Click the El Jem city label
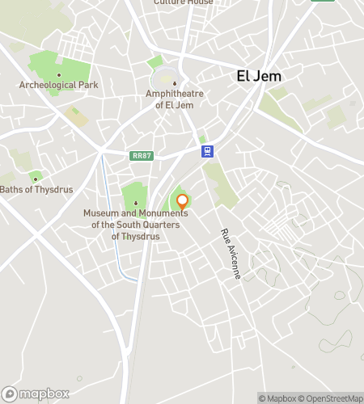tap(258, 76)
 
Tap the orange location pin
tap(182, 202)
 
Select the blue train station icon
tap(208, 150)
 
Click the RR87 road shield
tap(141, 156)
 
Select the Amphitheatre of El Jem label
tap(174, 99)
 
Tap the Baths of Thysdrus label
tap(36, 190)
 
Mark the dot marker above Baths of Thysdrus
tap(35, 178)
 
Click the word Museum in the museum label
tap(102, 213)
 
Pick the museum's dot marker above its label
tap(136, 202)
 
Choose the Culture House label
tap(184, 2)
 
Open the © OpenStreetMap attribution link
tap(332, 398)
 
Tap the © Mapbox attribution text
tap(278, 398)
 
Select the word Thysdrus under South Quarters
tap(136, 236)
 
